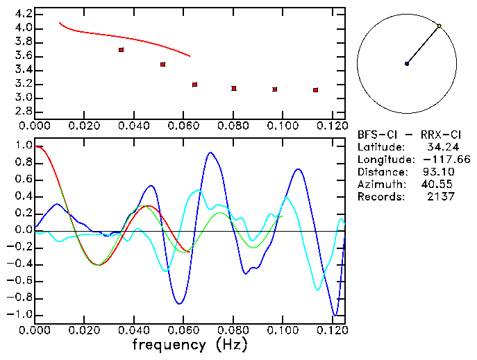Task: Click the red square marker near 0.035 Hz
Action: click(x=122, y=50)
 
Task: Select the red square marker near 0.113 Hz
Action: click(x=315, y=90)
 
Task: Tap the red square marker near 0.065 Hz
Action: click(x=195, y=85)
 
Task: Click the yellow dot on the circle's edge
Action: click(x=439, y=26)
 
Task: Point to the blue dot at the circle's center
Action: click(x=407, y=64)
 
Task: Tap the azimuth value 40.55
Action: click(x=435, y=185)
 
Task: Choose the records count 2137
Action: click(x=441, y=197)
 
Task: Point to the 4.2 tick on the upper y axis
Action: click(x=23, y=14)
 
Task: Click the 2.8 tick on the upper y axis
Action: click(x=23, y=112)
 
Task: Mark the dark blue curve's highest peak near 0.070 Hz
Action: click(x=210, y=153)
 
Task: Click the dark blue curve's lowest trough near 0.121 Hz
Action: click(x=336, y=316)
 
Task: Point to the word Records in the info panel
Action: click(x=380, y=197)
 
